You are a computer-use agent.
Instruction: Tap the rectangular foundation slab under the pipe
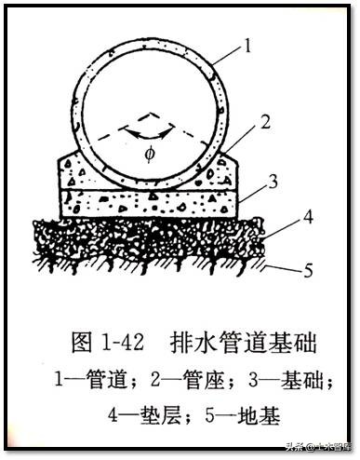[x=149, y=200]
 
